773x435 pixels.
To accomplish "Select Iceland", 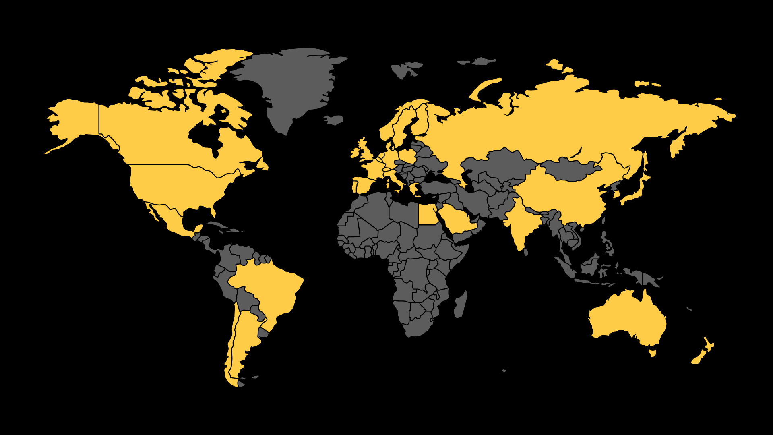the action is point(334,120).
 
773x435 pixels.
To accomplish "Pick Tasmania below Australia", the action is point(653,353).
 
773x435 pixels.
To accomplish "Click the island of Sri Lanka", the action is point(526,252).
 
